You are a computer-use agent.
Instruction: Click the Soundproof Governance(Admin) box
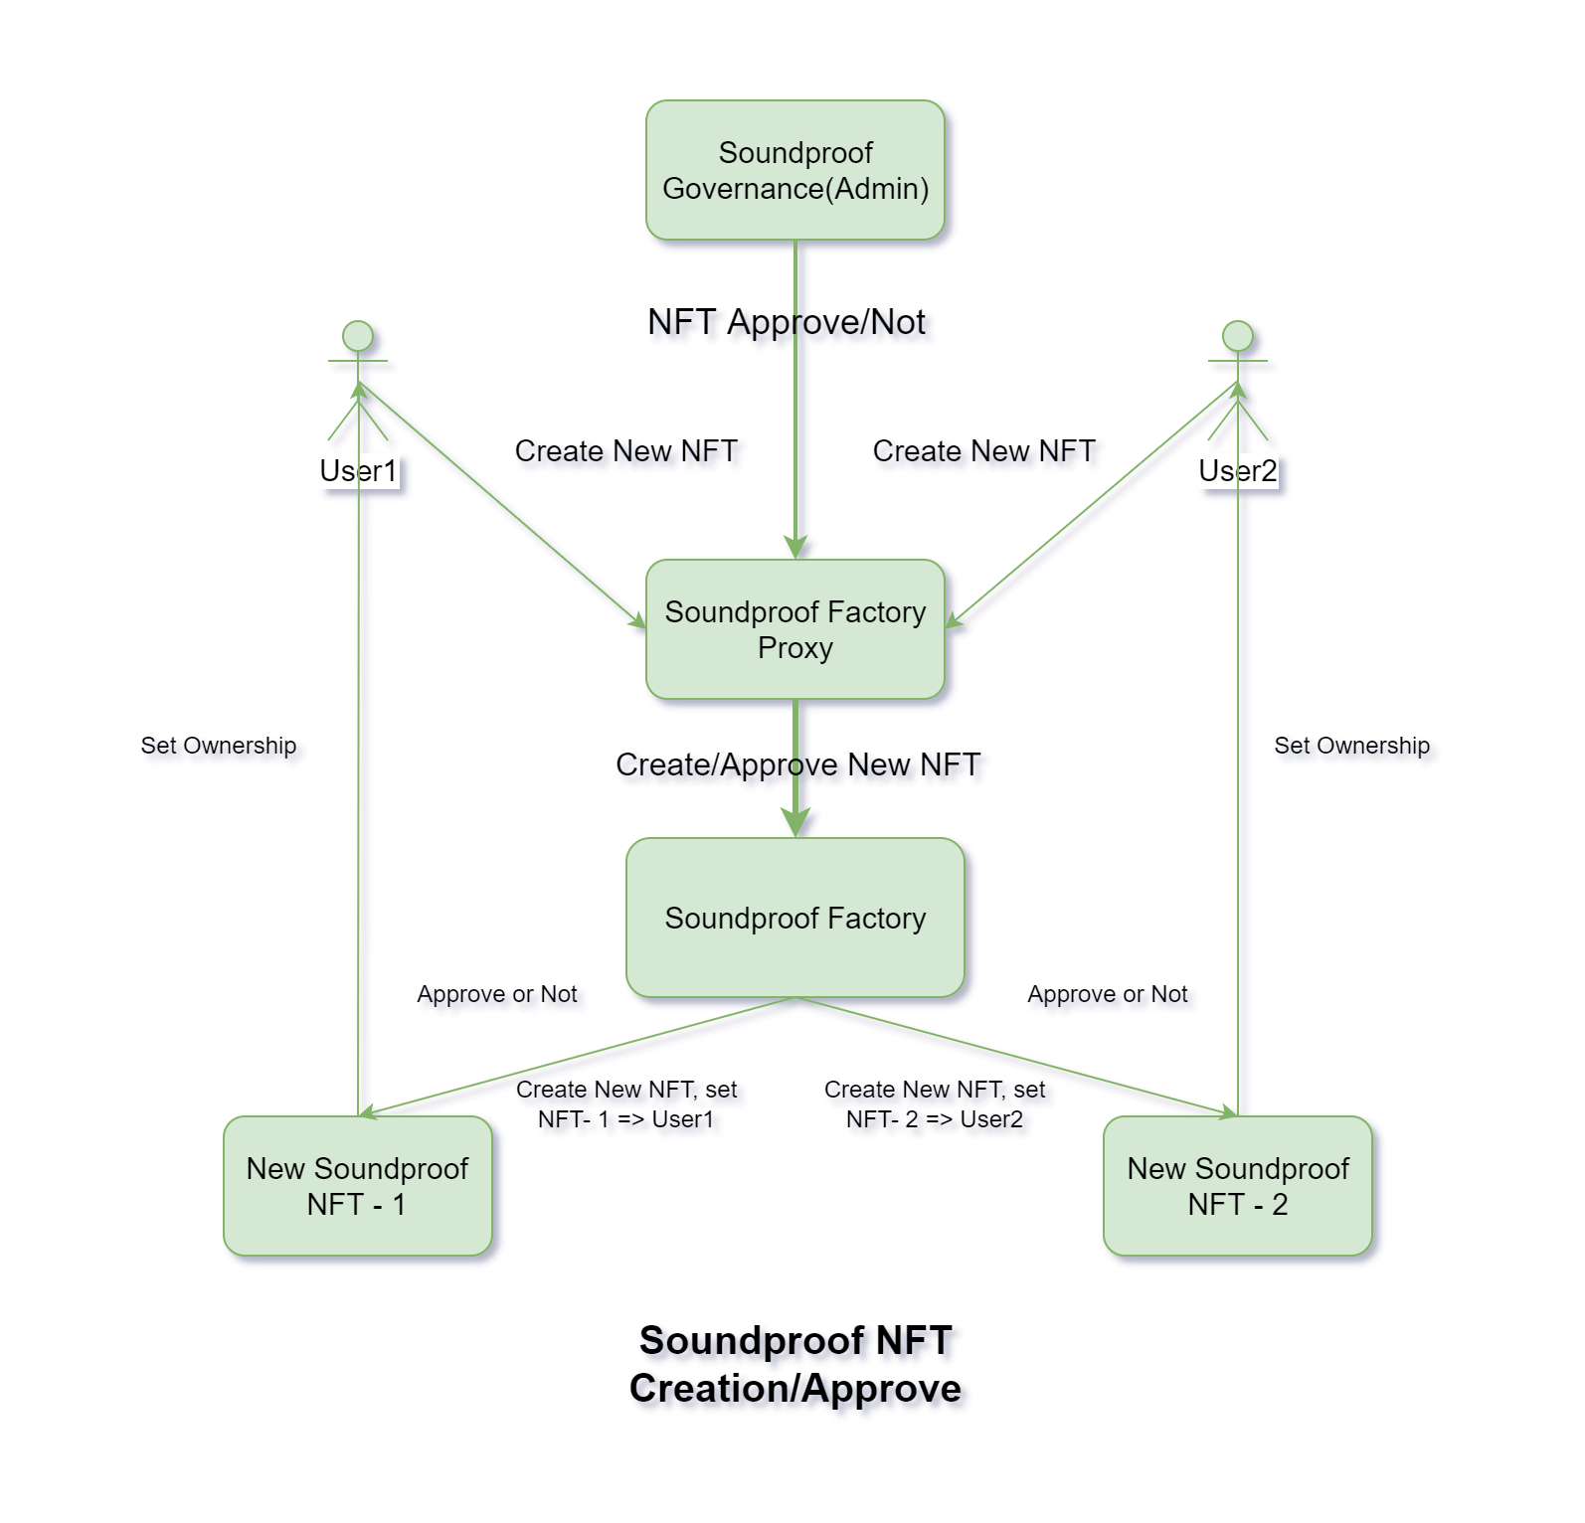(794, 170)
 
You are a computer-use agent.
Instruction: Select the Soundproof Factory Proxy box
(794, 629)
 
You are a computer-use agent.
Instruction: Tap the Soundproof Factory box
(794, 918)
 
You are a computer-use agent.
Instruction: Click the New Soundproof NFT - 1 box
(357, 1186)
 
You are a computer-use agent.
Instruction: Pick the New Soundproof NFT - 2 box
(1237, 1186)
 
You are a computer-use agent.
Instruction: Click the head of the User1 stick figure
(358, 336)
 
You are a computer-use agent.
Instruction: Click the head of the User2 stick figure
(1237, 336)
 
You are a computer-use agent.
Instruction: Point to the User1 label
(358, 470)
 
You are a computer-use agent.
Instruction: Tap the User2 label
(1237, 470)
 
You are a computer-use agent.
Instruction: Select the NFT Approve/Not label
(786, 322)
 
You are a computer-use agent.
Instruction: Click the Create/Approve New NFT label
(797, 764)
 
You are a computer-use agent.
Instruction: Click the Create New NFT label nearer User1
(625, 451)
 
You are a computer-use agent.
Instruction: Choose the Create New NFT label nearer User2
(983, 451)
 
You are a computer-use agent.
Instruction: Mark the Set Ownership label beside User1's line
(219, 746)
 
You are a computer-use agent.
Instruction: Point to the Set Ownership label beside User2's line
(1351, 746)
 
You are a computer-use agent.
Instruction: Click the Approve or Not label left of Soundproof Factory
(497, 994)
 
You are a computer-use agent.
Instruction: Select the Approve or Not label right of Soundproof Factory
(1108, 994)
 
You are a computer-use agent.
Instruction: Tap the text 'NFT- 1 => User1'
(625, 1119)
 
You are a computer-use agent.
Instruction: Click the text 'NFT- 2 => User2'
(934, 1119)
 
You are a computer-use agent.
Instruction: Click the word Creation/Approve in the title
(794, 1388)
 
